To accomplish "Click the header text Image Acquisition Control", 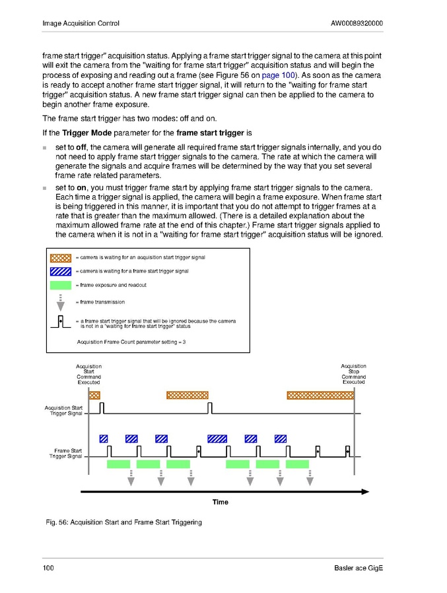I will pos(81,24).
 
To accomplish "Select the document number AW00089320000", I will pos(357,24).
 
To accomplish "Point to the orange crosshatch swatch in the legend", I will pos(61,257).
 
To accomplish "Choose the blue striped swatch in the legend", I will pos(61,271).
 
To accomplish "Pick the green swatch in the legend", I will pos(61,285).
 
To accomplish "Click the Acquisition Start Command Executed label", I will pos(88,374).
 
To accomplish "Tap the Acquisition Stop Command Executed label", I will pos(353,374).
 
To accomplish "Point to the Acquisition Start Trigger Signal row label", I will pos(64,411).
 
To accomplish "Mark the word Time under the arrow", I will pos(221,502).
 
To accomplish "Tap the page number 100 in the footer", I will pos(48,569).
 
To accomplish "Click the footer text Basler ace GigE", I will pos(359,569).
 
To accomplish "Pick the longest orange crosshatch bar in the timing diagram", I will pos(320,395).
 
